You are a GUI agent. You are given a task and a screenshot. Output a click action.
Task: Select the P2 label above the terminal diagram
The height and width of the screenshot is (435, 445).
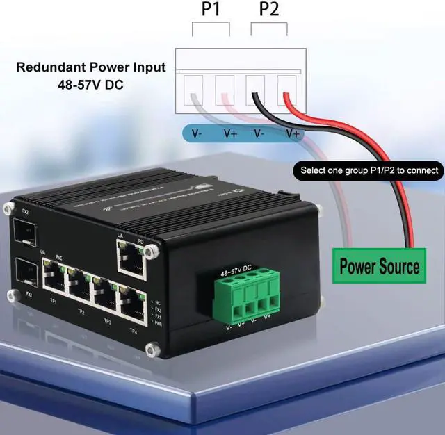tap(268, 10)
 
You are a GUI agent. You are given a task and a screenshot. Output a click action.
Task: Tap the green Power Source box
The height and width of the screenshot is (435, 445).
tap(379, 265)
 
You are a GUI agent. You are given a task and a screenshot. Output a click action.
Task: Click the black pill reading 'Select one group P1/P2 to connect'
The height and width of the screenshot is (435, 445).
tap(369, 170)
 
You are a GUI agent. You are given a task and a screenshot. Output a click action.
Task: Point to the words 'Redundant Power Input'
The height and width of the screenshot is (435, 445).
tap(91, 67)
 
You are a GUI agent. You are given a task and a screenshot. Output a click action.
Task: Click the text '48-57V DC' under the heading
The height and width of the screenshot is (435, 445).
tap(91, 84)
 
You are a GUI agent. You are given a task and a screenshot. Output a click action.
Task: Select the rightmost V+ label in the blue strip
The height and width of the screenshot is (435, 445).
tap(292, 133)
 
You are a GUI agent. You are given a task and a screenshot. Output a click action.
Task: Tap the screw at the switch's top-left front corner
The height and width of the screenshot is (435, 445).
tap(9, 207)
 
